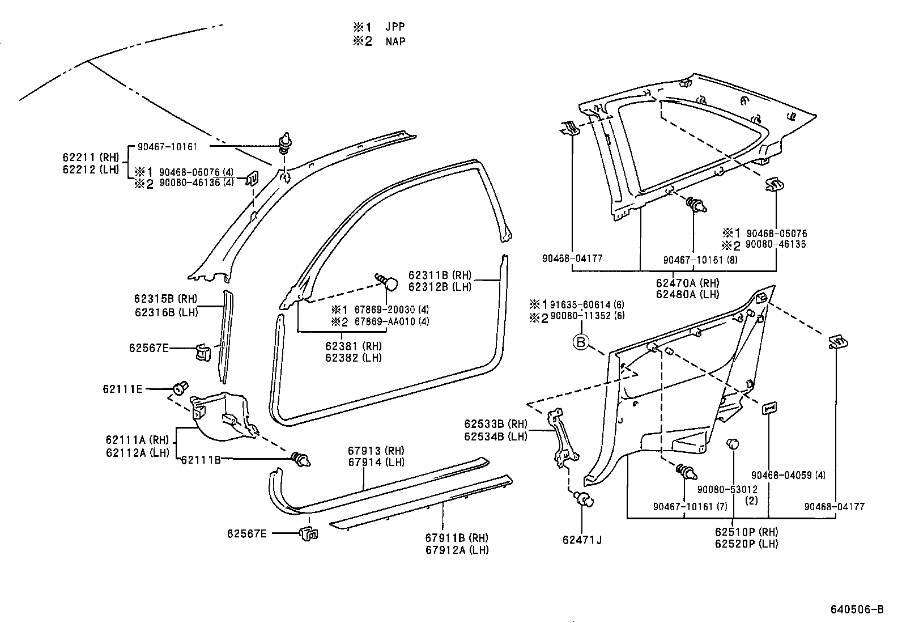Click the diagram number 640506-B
[857, 609]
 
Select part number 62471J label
[582, 540]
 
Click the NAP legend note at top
[380, 41]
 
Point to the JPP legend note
[380, 27]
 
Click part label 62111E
[122, 389]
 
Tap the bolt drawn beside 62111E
[181, 389]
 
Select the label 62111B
[201, 460]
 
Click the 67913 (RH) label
[376, 451]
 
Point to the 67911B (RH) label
[457, 538]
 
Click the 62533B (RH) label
[495, 424]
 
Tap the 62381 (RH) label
[353, 346]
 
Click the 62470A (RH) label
[687, 283]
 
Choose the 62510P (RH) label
[746, 532]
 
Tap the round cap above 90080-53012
[733, 443]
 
